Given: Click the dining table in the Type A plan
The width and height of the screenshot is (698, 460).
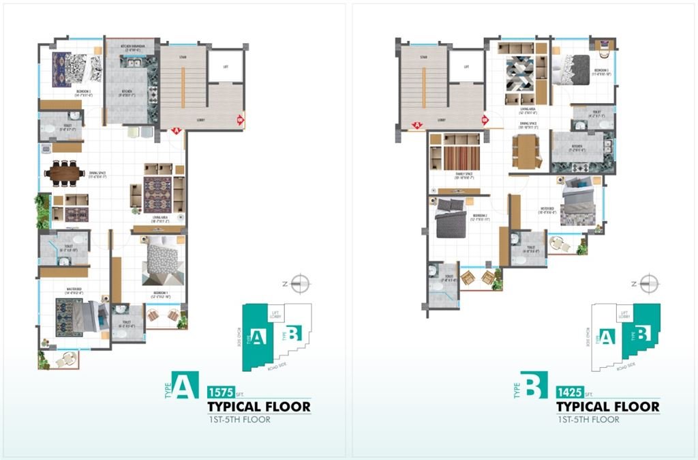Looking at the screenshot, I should pos(65,173).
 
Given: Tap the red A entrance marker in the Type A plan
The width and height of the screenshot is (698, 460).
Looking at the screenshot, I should pos(175,131).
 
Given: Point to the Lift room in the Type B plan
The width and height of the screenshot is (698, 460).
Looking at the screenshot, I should pos(466,66).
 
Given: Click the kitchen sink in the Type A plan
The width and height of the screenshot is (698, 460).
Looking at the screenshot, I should pos(130,63).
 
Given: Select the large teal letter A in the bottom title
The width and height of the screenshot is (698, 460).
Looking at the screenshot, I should pos(184,386).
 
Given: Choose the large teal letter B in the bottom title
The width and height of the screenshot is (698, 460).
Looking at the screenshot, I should pos(534,386).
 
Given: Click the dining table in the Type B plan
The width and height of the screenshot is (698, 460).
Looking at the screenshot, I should pos(525,152).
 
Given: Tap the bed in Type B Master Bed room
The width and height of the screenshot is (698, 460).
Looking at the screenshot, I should pos(578,200).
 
